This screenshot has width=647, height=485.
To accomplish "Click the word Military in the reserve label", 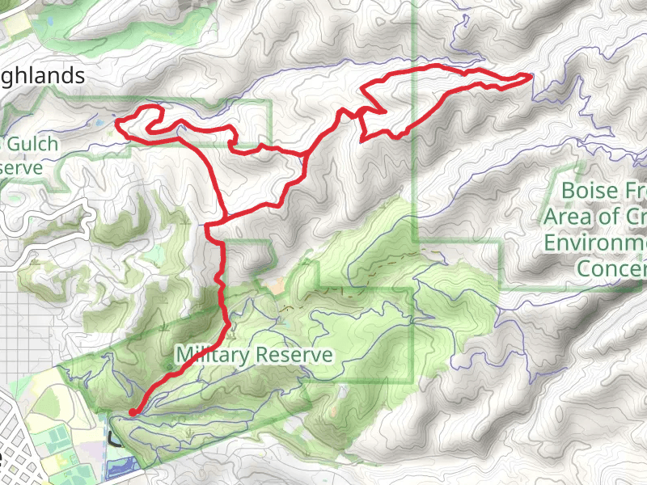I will (213, 354).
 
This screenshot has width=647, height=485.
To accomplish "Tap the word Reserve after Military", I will (293, 354).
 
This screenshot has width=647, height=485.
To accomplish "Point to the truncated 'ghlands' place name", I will (44, 76).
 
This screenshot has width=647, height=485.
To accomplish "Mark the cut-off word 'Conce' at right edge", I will (611, 267).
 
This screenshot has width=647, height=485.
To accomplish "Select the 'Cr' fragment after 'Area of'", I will (636, 217).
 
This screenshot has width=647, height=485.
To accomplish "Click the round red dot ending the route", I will (133, 412).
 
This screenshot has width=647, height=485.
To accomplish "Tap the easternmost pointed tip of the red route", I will (531, 75).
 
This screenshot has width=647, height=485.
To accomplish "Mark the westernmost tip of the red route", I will (118, 122).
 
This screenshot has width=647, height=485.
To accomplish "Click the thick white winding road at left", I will (49, 242).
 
